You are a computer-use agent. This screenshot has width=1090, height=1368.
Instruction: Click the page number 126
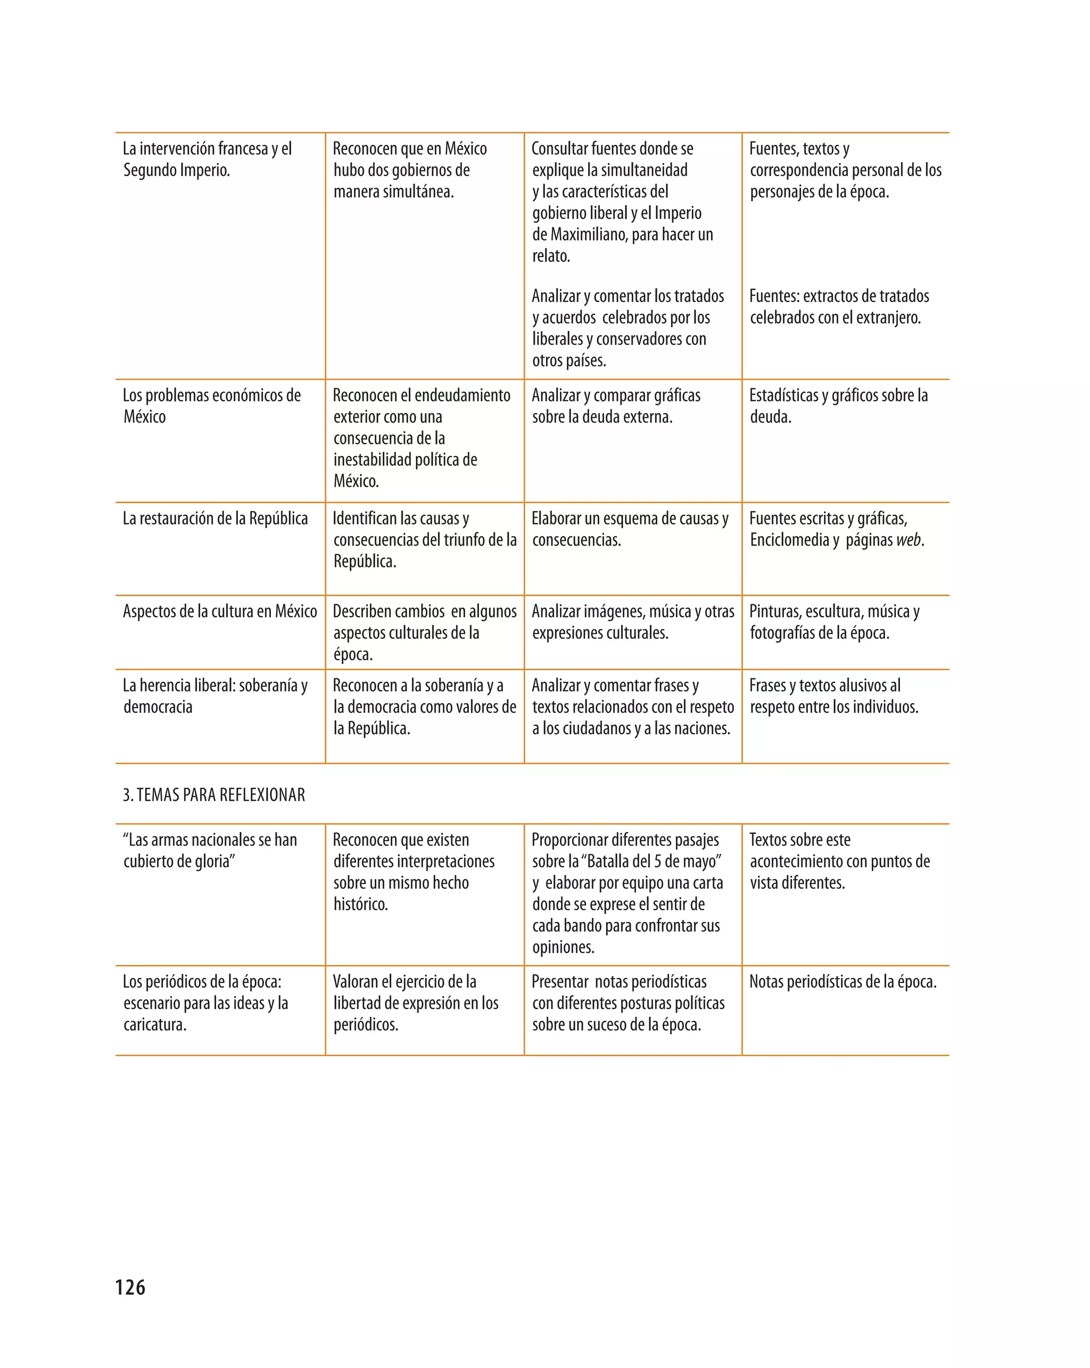click(x=130, y=1287)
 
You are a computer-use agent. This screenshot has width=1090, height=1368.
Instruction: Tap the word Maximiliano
click(x=589, y=235)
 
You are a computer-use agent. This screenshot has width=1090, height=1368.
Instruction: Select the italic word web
click(x=908, y=540)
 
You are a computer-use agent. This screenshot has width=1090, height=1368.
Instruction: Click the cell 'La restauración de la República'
click(x=215, y=518)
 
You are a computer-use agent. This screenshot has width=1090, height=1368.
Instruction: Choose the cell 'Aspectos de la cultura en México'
click(x=219, y=611)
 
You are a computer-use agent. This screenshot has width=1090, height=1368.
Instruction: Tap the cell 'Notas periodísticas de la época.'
click(x=843, y=982)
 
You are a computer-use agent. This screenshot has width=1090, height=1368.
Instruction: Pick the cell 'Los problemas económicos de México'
click(x=211, y=406)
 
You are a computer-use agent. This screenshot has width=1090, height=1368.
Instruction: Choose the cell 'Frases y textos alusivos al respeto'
click(x=833, y=696)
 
